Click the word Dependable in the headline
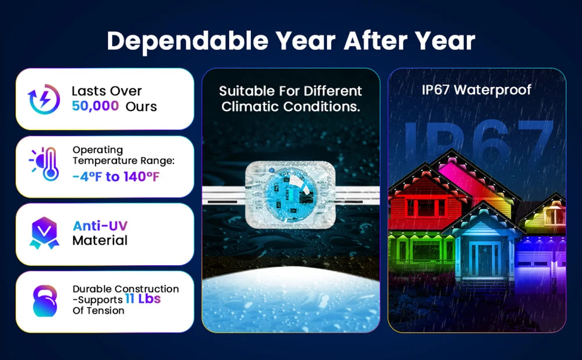(187, 41)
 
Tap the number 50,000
(95, 106)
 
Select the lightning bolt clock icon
(44, 99)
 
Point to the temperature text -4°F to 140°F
(115, 176)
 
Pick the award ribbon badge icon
(44, 233)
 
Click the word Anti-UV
(100, 226)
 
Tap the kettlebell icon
(45, 301)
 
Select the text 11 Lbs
(143, 298)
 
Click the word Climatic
(250, 107)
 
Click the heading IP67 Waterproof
(477, 90)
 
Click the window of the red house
(426, 208)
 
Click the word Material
(100, 241)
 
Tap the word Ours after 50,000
(141, 106)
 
